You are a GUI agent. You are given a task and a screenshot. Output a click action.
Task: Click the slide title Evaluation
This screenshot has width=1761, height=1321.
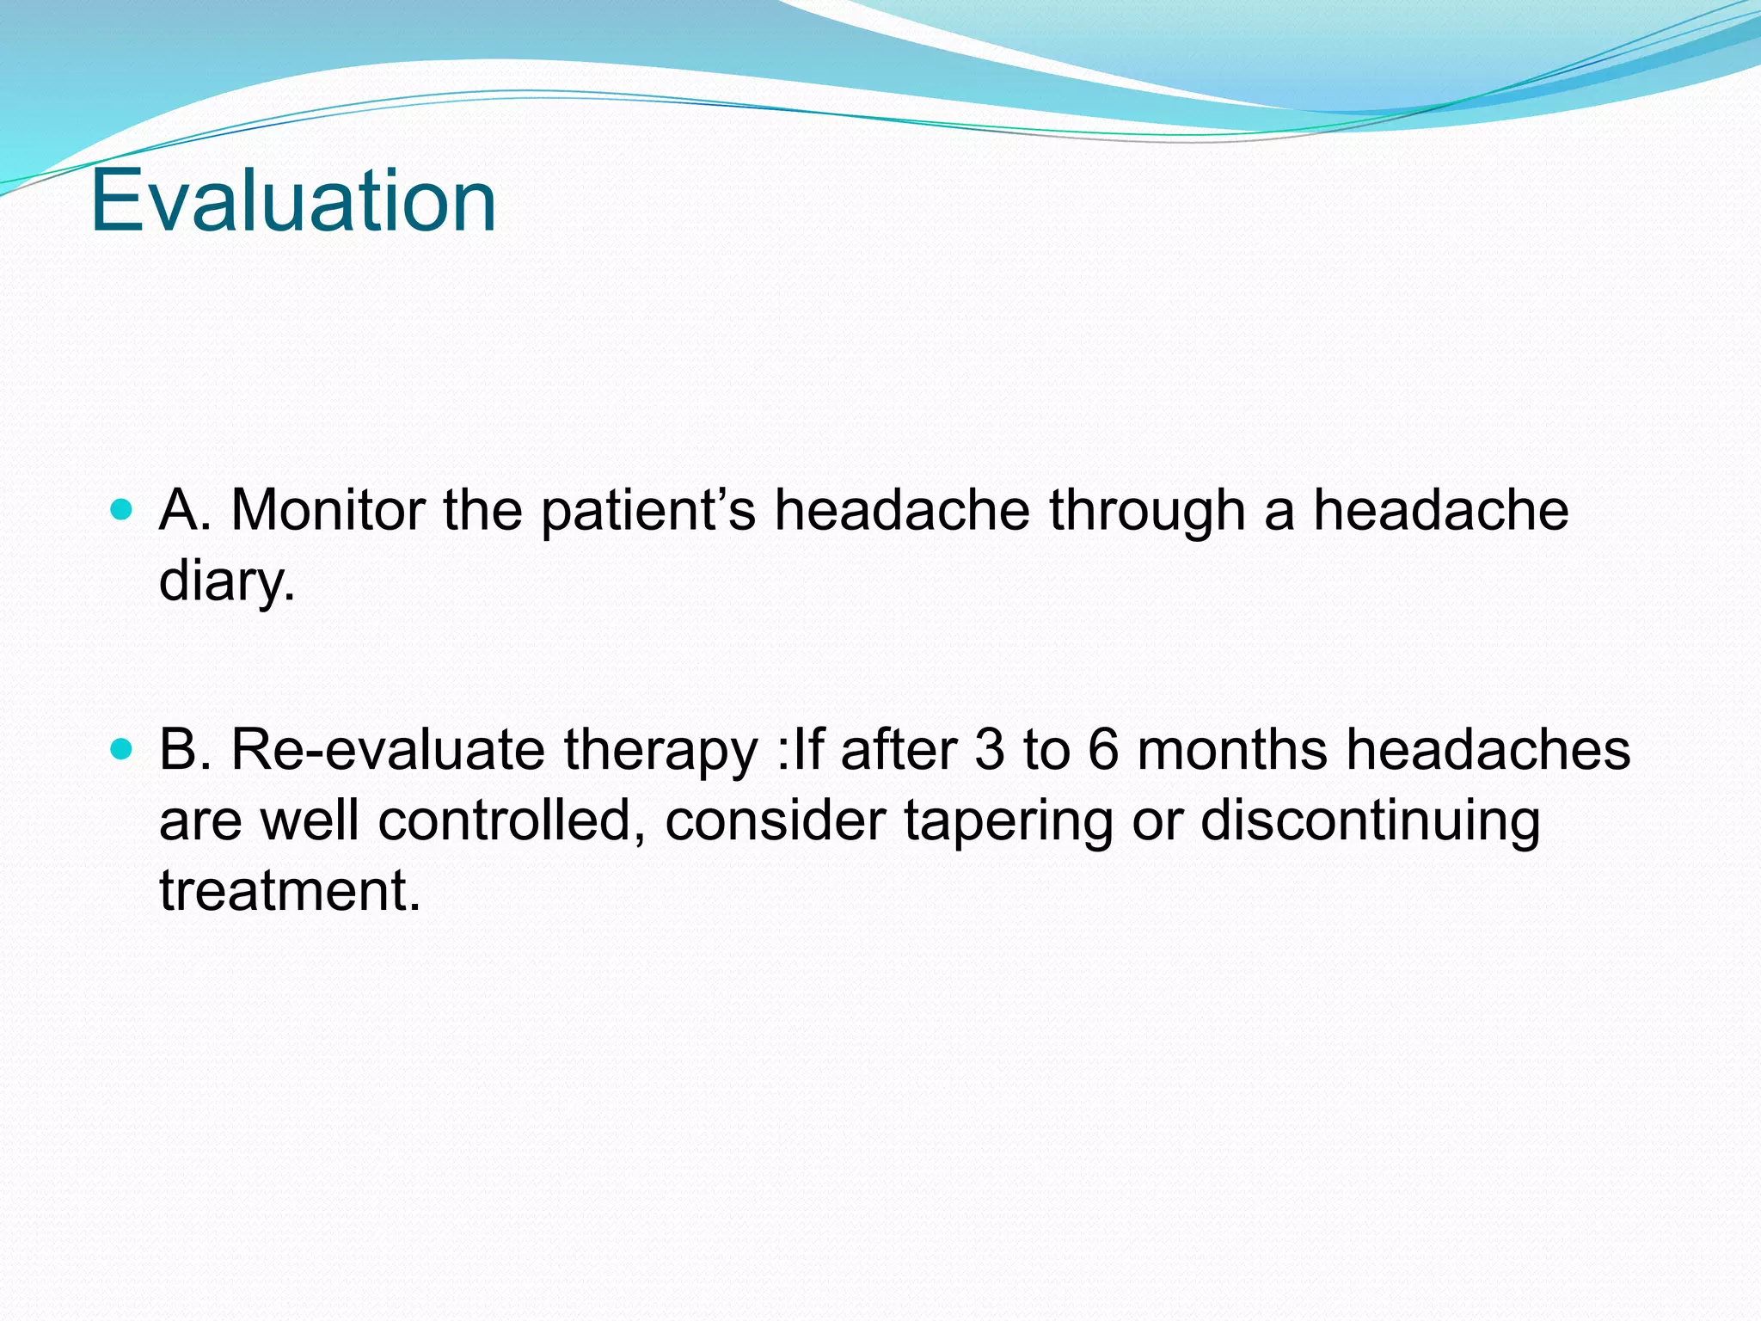pyautogui.click(x=293, y=200)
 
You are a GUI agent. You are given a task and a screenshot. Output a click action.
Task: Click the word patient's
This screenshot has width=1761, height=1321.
pyautogui.click(x=648, y=511)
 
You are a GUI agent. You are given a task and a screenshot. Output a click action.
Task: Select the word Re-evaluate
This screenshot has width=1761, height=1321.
pyautogui.click(x=387, y=750)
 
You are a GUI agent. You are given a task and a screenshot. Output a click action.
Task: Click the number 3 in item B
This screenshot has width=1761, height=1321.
pyautogui.click(x=989, y=750)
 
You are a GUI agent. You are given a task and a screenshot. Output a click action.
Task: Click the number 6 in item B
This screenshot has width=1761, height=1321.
pyautogui.click(x=1103, y=750)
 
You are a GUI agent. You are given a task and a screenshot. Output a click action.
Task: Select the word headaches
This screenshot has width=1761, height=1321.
pyautogui.click(x=1488, y=750)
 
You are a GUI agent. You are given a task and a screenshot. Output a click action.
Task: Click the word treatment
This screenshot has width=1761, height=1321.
pyautogui.click(x=290, y=891)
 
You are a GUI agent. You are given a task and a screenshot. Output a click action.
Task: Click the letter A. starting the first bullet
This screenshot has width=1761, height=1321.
pyautogui.click(x=185, y=510)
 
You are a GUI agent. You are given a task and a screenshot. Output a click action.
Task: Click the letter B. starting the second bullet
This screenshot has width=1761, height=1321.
pyautogui.click(x=185, y=750)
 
